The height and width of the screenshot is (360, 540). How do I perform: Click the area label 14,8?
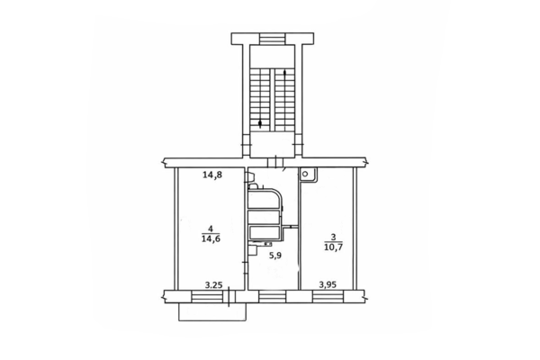[212, 175]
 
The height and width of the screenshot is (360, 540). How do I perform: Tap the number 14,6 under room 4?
[211, 238]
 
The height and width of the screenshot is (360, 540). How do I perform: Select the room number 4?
[211, 229]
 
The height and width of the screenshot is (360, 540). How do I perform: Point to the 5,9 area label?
[274, 256]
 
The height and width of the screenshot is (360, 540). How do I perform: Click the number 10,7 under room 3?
[333, 247]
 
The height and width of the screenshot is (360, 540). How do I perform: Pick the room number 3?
[333, 237]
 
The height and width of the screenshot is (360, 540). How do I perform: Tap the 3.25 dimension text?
[214, 285]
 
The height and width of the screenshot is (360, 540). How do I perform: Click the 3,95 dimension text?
[328, 285]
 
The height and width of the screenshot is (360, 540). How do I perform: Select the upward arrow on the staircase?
[284, 100]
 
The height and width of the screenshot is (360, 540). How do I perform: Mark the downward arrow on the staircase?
[260, 99]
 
